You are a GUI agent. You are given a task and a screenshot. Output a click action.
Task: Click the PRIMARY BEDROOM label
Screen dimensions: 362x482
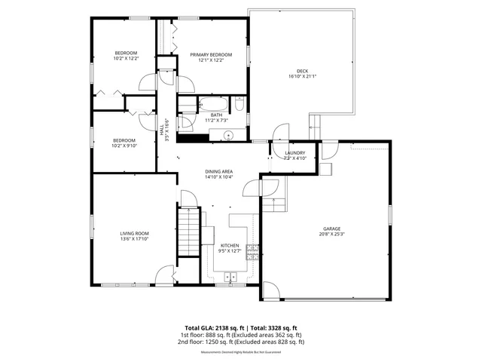tap(210, 54)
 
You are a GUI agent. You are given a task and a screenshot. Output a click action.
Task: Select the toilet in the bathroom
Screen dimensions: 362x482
tap(239, 106)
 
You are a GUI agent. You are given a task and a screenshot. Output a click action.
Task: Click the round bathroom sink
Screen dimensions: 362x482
tap(230, 136)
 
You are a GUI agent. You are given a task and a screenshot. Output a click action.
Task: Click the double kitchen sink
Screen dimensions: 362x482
tap(230, 277)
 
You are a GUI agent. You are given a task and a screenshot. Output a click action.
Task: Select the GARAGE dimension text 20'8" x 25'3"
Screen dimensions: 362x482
tap(333, 234)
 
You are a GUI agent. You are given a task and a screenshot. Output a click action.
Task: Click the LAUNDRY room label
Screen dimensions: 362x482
tap(294, 153)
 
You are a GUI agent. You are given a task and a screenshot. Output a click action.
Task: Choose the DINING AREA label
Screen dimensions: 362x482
tap(219, 172)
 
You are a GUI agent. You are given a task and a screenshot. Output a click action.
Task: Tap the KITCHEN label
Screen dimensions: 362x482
tap(230, 246)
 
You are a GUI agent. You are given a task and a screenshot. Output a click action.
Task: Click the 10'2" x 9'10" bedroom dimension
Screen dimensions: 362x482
tap(125, 146)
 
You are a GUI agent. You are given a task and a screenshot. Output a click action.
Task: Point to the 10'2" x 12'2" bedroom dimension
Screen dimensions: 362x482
tap(126, 58)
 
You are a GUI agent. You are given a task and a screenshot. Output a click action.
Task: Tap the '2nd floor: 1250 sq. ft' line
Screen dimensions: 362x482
tap(241, 342)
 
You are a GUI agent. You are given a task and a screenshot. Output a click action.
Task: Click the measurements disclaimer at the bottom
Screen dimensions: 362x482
tap(241, 351)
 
